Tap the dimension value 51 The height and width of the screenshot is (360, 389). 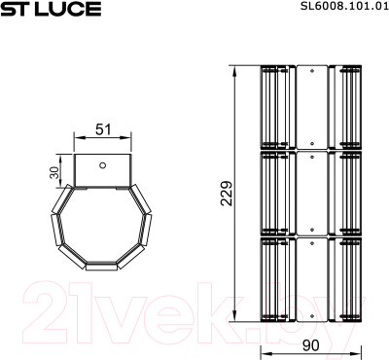pos(102,128)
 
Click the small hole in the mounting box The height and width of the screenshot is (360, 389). pos(102,164)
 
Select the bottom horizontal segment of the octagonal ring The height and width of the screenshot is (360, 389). pos(102,264)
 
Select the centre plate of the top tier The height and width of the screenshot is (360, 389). pos(310,107)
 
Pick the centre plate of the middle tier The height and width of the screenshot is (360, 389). pos(310,193)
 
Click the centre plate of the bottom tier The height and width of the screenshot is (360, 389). pos(310,279)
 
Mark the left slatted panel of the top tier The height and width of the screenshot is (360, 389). pos(276,107)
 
